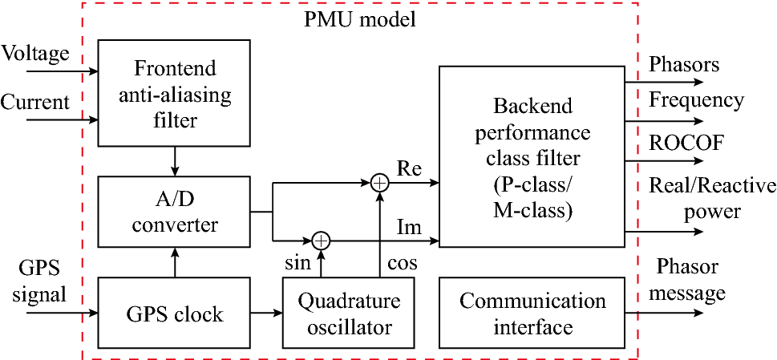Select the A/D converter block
(x=175, y=212)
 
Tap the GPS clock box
(x=175, y=313)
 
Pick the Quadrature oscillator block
(x=348, y=313)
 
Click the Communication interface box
(x=532, y=313)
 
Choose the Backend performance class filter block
(x=531, y=157)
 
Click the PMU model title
(x=359, y=18)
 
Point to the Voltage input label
(x=34, y=53)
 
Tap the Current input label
(x=35, y=102)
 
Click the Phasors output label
(x=684, y=64)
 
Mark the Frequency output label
(x=696, y=101)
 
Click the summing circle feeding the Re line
(x=380, y=184)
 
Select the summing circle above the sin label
(x=321, y=239)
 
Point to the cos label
(x=401, y=263)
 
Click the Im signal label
(x=409, y=229)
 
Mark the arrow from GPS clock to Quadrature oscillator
(x=267, y=313)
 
